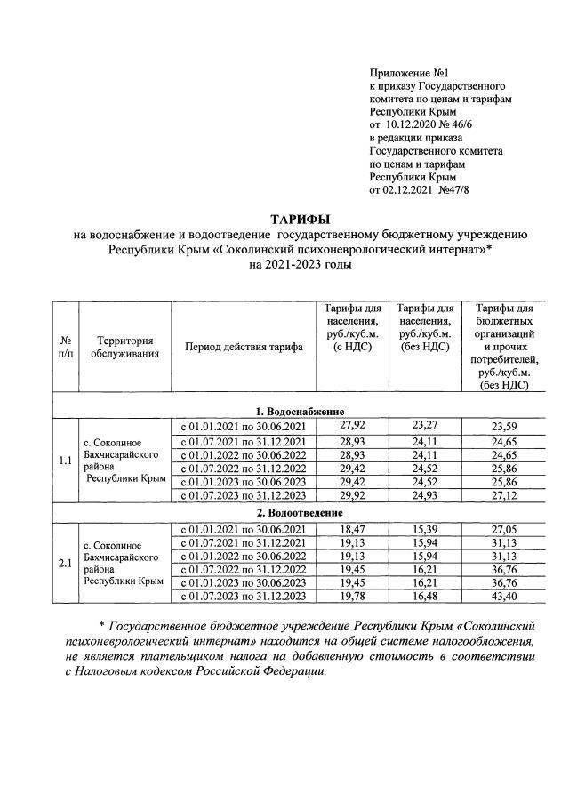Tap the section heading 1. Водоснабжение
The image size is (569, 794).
click(300, 411)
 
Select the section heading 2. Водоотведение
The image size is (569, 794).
click(300, 513)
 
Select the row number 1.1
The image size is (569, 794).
click(65, 461)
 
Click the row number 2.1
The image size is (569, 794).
click(65, 562)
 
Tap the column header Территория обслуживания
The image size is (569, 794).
click(124, 347)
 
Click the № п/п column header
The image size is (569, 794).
click(65, 347)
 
